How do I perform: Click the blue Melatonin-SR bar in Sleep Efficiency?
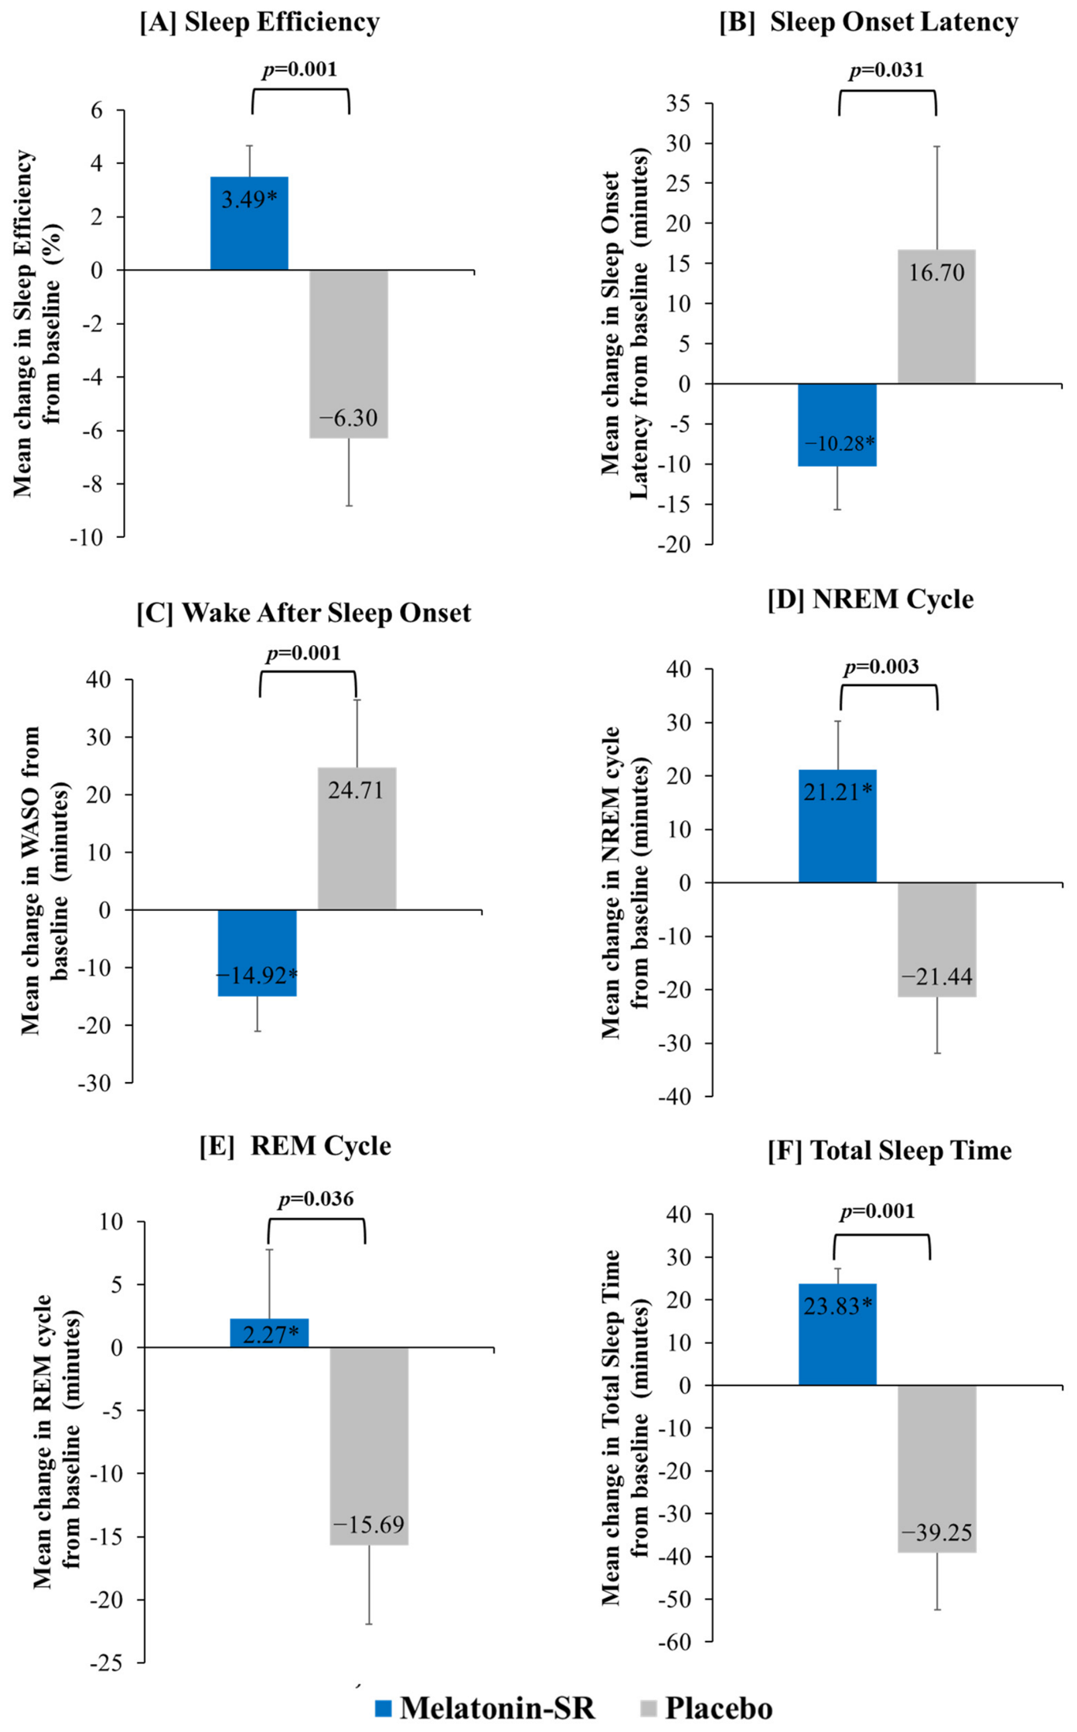(x=249, y=223)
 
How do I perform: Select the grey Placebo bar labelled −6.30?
(x=349, y=354)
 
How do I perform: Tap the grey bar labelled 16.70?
(x=937, y=316)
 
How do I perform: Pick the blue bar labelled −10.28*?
(x=837, y=425)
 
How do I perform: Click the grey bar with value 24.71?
(x=357, y=838)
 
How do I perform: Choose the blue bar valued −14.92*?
(x=257, y=953)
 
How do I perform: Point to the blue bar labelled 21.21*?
(x=837, y=826)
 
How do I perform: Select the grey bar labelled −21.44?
(x=937, y=940)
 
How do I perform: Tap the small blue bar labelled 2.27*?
(x=269, y=1333)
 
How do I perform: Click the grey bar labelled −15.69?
(x=369, y=1446)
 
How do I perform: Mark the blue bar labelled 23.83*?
(x=837, y=1334)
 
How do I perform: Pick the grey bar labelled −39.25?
(x=937, y=1469)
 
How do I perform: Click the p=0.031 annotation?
(x=886, y=70)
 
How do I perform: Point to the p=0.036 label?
(x=316, y=1200)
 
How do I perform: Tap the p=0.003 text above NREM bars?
(x=881, y=666)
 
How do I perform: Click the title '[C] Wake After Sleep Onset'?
(x=304, y=613)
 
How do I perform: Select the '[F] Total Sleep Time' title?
(x=889, y=1151)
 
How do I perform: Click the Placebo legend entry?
(x=707, y=1708)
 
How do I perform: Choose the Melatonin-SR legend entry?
(x=485, y=1708)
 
